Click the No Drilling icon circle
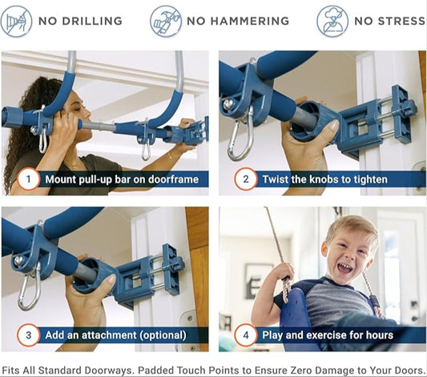coord(17,21)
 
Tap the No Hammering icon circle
coord(166,21)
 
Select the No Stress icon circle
coord(332,21)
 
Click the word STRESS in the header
coord(398,21)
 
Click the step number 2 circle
coord(245,180)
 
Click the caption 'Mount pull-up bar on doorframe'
coord(121,180)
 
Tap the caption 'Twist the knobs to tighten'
coord(325,180)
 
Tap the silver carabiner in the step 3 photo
coord(29,290)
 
